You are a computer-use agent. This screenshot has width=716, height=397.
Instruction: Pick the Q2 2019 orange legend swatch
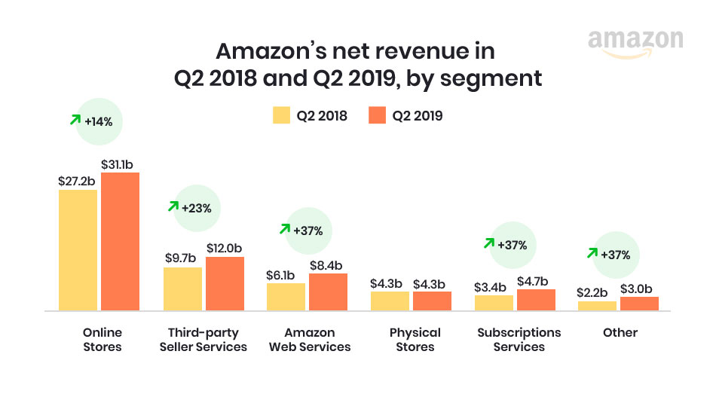pyautogui.click(x=376, y=116)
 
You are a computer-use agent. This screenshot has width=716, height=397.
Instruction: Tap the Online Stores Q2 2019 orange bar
pyautogui.click(x=120, y=241)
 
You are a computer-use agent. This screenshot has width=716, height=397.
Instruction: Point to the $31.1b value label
pyautogui.click(x=120, y=163)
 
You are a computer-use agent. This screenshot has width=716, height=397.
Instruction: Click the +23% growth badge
pyautogui.click(x=197, y=206)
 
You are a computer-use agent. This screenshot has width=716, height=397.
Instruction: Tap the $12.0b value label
pyautogui.click(x=225, y=248)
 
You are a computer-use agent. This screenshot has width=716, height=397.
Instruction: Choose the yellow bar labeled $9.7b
pyautogui.click(x=182, y=289)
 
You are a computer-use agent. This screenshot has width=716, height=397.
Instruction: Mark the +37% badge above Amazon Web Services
pyautogui.click(x=307, y=231)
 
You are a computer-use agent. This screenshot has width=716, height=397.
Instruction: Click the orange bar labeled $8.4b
pyautogui.click(x=328, y=292)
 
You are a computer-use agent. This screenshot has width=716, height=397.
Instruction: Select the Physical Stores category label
pyautogui.click(x=415, y=339)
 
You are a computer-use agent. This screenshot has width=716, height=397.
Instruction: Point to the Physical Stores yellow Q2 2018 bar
pyautogui.click(x=390, y=301)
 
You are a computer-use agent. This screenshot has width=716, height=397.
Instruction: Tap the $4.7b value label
pyautogui.click(x=535, y=280)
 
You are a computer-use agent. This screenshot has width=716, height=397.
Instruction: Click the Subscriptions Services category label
pyautogui.click(x=519, y=339)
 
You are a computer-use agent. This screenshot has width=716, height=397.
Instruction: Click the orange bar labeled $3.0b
pyautogui.click(x=639, y=303)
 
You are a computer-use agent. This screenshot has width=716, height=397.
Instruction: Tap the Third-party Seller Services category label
pyautogui.click(x=203, y=339)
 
